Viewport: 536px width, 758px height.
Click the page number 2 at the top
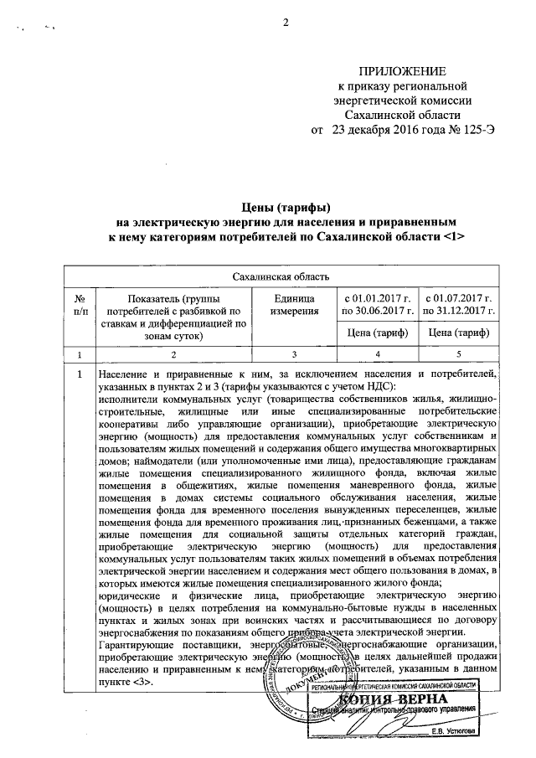285,23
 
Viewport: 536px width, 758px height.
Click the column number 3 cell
294,353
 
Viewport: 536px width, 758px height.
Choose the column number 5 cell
457,353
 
